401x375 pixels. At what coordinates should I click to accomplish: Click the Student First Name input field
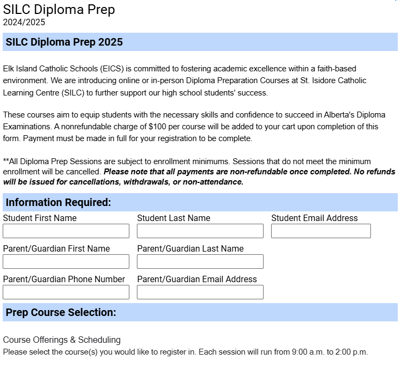(66, 231)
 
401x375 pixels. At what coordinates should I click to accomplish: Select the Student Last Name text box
(200, 231)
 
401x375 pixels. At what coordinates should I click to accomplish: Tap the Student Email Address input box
(321, 231)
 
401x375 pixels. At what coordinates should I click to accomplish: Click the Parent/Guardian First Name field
(66, 262)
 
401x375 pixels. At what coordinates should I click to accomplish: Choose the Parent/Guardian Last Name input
(200, 262)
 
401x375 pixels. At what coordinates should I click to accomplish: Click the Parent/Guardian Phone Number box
(66, 292)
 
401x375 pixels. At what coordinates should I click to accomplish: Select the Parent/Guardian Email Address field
(200, 292)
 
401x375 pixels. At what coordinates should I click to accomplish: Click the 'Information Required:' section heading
(59, 202)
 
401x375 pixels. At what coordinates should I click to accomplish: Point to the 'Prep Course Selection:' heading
(61, 312)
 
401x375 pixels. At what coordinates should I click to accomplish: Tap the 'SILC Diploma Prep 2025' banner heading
(64, 42)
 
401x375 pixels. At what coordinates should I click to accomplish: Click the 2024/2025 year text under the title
(24, 23)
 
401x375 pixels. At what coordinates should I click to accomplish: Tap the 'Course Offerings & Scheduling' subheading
(62, 340)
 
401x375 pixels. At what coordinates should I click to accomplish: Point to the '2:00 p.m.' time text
(352, 352)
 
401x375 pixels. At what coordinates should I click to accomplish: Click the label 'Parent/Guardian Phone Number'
(64, 279)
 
